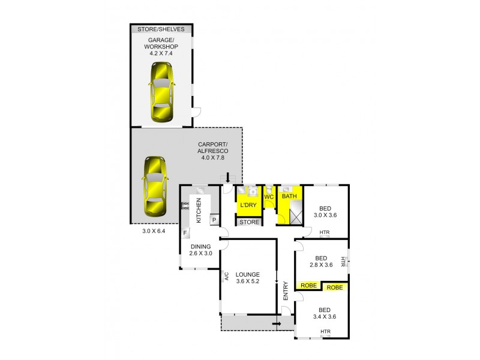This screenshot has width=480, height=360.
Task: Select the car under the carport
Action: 154,187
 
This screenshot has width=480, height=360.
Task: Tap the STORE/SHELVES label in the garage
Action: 161,29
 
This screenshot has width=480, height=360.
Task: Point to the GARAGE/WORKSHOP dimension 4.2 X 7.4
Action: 161,53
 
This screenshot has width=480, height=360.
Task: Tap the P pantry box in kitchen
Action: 213,220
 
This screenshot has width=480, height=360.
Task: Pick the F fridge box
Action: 185,232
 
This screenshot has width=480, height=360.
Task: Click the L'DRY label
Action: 248,205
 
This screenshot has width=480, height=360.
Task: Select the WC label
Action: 269,196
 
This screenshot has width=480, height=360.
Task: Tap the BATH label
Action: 290,196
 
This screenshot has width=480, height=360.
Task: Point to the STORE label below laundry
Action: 249,222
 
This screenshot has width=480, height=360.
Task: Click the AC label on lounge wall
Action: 227,276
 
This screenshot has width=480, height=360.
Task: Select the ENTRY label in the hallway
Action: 286,291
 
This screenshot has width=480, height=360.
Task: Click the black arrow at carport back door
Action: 227,177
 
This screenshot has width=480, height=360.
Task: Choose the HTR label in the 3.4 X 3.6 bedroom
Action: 325,332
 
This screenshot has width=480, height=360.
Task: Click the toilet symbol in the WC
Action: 269,188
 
